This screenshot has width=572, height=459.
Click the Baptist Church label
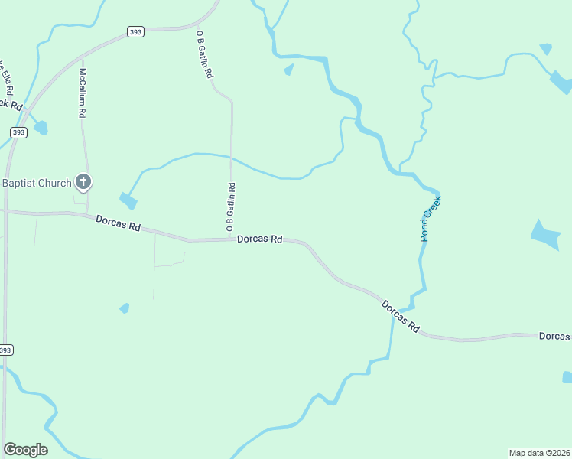37,183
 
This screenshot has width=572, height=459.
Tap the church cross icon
83,182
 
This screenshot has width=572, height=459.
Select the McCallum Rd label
82,93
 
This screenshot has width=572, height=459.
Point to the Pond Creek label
431,219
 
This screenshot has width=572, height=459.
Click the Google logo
25,450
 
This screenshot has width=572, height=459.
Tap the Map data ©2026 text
539,452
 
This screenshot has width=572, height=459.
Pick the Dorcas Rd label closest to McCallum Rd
119,224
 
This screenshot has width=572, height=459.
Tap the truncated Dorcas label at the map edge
554,337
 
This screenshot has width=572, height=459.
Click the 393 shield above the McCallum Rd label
135,31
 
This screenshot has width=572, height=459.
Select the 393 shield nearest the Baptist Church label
19,132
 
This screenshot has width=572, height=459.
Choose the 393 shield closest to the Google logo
5,350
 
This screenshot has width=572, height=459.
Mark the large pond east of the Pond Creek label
545,235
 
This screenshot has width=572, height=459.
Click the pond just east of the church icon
128,201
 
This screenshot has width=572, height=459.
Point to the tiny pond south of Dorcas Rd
124,308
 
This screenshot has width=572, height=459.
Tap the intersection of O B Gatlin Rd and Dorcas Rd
232,239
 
